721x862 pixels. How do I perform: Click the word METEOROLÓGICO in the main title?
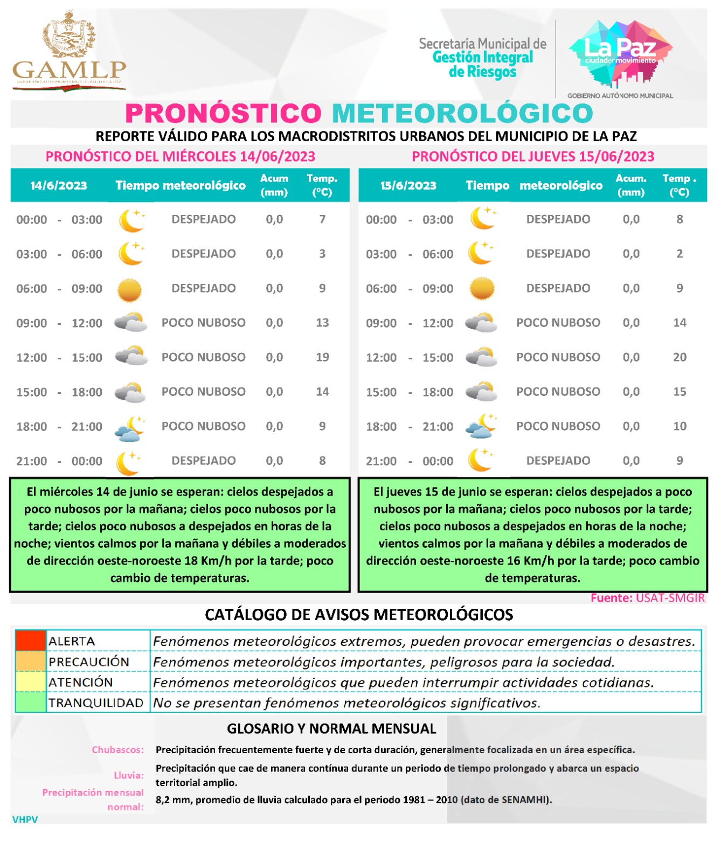click(462, 114)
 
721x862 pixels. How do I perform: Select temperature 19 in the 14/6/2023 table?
click(322, 357)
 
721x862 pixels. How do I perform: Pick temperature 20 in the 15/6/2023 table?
click(680, 357)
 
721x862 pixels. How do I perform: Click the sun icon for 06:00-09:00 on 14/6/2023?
click(129, 290)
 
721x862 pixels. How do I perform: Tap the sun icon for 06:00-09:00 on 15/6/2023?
click(482, 288)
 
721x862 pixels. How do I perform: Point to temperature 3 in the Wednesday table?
click(322, 254)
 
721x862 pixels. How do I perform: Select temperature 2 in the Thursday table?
click(680, 254)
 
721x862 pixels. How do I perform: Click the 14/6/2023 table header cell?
click(59, 186)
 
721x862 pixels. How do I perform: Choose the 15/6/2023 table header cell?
click(408, 186)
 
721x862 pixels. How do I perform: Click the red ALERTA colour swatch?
click(31, 641)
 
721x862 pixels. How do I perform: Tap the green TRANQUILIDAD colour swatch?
click(31, 703)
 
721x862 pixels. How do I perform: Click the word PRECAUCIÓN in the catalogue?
click(89, 662)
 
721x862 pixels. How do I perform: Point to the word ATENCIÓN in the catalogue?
click(81, 682)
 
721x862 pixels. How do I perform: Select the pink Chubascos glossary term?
click(117, 749)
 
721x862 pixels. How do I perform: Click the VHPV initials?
click(25, 819)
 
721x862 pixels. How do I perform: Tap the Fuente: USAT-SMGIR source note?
click(647, 598)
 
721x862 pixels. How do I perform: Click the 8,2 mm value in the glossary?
click(172, 800)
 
